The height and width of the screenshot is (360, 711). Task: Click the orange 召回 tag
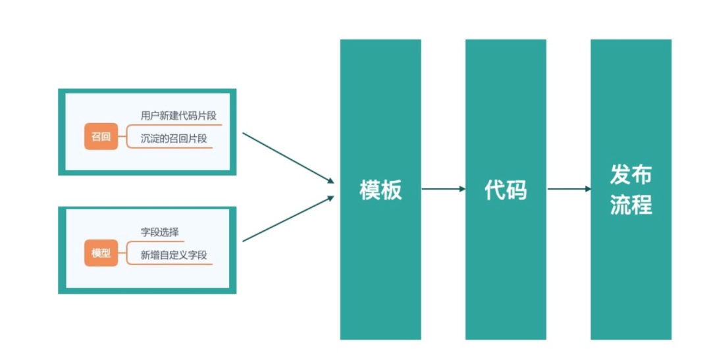(101, 137)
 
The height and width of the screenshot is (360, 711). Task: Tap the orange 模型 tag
(101, 253)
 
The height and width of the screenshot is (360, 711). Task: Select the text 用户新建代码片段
(178, 116)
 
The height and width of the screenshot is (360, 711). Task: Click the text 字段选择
(160, 232)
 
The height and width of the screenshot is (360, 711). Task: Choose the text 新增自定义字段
(174, 255)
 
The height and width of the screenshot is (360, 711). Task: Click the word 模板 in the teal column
(381, 190)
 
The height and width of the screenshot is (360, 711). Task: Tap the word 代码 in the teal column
(506, 190)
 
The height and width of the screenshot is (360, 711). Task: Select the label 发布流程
(631, 190)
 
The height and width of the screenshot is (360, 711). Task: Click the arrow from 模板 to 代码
(443, 189)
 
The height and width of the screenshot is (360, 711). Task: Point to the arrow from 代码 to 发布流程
(569, 189)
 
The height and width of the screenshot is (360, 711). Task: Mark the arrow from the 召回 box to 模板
(288, 158)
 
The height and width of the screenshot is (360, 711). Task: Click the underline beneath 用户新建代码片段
(180, 124)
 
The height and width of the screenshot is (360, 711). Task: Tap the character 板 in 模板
(391, 190)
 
